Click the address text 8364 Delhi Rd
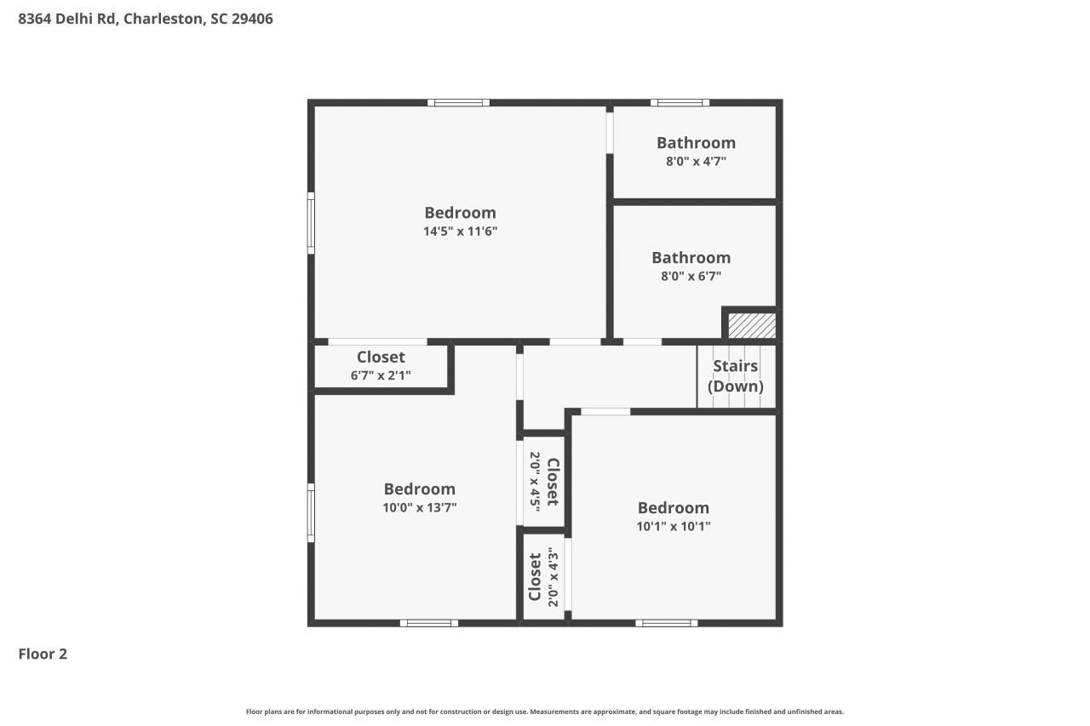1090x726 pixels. [68, 19]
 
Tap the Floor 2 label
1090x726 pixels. [43, 654]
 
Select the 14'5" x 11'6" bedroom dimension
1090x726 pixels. [460, 231]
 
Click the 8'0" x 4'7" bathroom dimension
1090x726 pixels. [695, 160]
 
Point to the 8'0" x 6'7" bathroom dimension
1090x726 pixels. [691, 276]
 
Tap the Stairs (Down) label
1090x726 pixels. [735, 375]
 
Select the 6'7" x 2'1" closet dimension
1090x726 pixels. [381, 374]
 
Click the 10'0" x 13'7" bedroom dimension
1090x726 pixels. [419, 507]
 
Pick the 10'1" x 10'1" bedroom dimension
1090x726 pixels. [673, 526]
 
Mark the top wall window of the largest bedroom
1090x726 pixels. [458, 103]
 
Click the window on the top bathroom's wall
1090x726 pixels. [680, 103]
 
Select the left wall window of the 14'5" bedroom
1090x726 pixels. [311, 223]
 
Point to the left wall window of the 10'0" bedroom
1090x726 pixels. [311, 512]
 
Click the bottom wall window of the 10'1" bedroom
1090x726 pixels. [666, 623]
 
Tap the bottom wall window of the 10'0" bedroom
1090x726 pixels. [429, 623]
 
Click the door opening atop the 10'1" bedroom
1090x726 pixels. [605, 412]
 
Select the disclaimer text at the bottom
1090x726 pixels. [545, 712]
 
